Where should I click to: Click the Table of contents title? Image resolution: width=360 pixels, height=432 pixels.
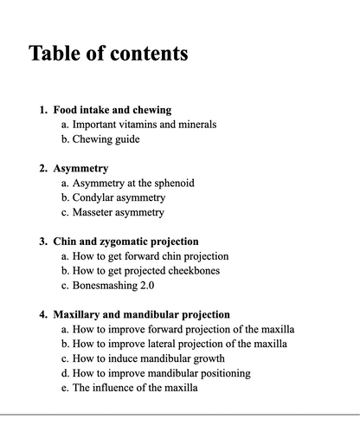[108, 54]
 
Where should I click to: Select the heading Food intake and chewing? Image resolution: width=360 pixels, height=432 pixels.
[112, 110]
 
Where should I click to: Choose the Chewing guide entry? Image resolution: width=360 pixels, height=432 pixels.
[106, 139]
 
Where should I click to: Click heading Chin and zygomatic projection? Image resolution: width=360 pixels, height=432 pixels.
[125, 242]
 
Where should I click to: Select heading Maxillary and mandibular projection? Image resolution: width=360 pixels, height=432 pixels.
[141, 314]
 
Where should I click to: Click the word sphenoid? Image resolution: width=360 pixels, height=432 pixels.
[172, 184]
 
